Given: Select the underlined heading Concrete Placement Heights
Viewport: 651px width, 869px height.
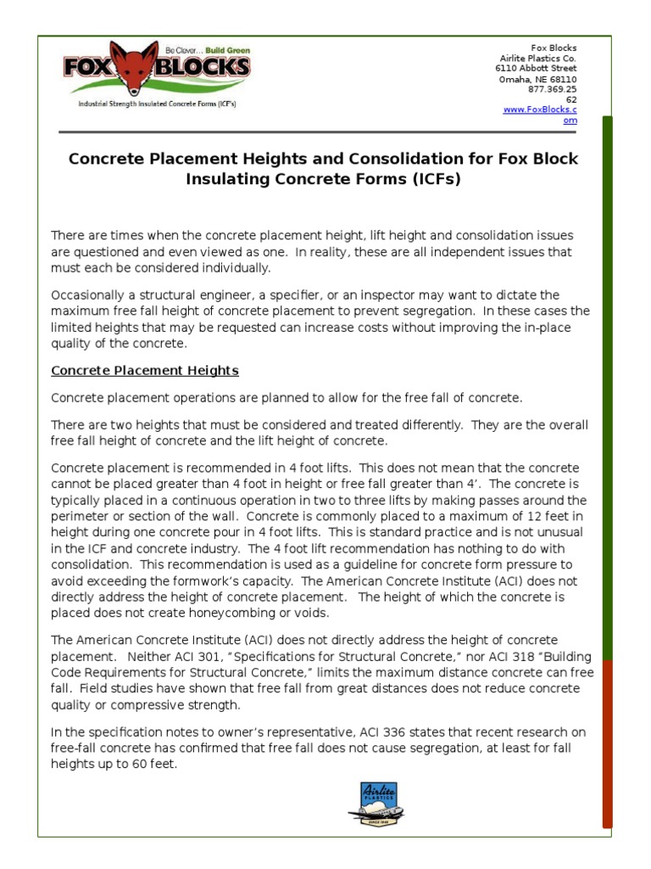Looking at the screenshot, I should [145, 371].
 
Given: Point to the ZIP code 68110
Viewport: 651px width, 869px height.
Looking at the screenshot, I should [561, 79].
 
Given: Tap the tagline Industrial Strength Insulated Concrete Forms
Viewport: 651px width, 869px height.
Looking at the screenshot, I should [157, 104].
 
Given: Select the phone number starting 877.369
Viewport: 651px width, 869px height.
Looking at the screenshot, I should [552, 89].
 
